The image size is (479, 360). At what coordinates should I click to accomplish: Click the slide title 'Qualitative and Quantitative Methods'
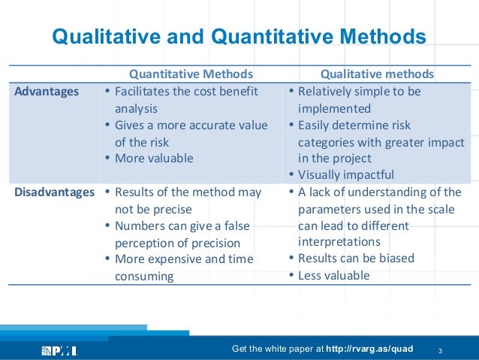pos(238,36)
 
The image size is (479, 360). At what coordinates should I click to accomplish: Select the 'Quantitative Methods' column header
pos(191,74)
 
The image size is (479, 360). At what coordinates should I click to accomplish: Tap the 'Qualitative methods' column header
pos(377,74)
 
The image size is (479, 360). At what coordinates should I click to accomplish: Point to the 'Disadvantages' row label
pos(52,192)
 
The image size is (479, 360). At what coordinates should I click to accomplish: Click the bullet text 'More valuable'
pos(154,159)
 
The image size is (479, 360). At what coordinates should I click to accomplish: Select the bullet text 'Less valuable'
pos(333,275)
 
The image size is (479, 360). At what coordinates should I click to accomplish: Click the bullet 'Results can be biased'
pos(356,259)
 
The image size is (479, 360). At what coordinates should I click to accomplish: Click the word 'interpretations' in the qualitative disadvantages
pos(339,242)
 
